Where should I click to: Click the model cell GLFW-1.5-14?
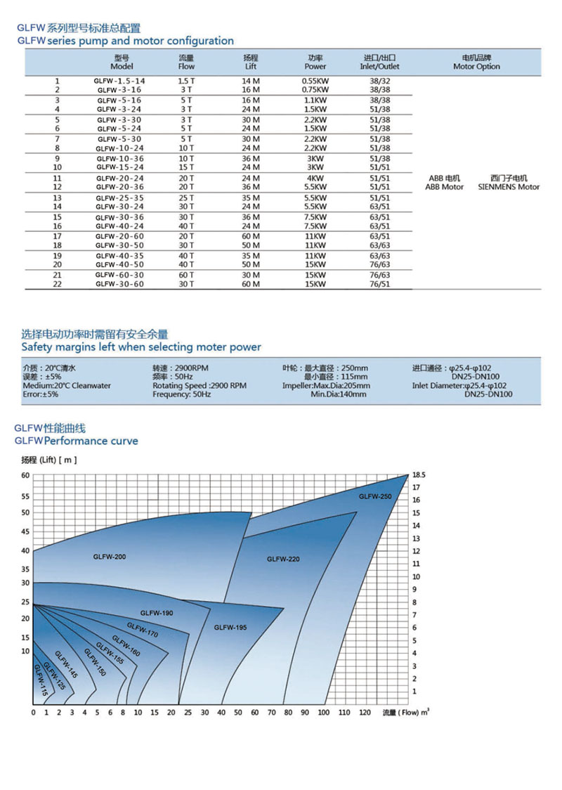click(119, 82)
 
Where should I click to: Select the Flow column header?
click(187, 62)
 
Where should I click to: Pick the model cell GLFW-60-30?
click(119, 276)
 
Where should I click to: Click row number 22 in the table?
click(57, 284)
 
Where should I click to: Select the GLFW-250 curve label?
click(375, 496)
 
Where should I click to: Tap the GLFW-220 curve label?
click(283, 559)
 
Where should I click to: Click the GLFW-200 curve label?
click(109, 557)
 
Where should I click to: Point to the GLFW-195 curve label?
click(230, 627)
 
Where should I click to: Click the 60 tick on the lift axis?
click(26, 476)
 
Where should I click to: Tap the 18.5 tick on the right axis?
click(419, 475)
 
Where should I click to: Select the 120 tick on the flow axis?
click(365, 713)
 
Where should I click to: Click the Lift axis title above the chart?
click(48, 460)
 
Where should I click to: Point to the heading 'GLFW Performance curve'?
click(77, 441)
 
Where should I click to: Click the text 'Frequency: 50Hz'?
click(181, 395)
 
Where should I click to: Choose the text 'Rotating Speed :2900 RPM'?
click(200, 386)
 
